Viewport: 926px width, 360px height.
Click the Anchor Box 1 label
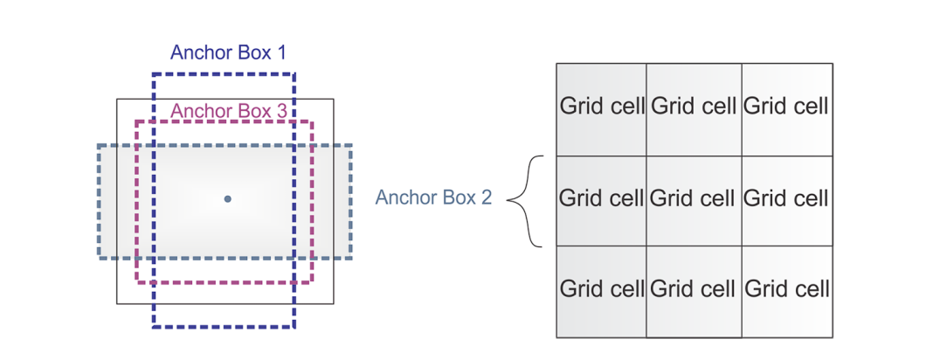click(x=228, y=52)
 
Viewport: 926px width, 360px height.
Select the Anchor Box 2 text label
click(x=433, y=197)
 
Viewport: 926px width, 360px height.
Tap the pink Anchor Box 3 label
click(x=228, y=111)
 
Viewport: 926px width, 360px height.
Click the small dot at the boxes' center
click(x=227, y=199)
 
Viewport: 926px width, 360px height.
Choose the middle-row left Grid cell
click(x=601, y=199)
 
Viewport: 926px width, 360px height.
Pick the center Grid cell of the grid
click(x=694, y=199)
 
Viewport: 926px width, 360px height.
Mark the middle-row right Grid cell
click(x=786, y=199)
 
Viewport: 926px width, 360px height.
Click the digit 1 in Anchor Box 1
click(x=280, y=52)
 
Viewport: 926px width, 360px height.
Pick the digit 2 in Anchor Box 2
click(x=486, y=197)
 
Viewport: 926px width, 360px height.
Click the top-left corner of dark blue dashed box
click(x=154, y=74)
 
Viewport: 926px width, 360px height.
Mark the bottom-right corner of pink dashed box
click(x=312, y=282)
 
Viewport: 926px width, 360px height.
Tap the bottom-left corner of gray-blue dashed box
click(x=98, y=257)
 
